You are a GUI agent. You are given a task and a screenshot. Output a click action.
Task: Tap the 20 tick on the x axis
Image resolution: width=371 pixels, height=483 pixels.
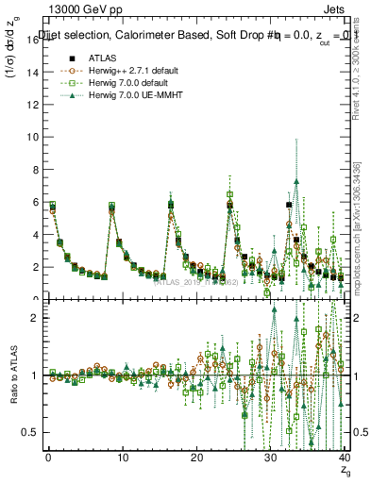tap(196, 459)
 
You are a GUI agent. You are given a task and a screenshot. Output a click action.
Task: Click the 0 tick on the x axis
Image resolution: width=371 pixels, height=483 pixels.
tap(48, 459)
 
